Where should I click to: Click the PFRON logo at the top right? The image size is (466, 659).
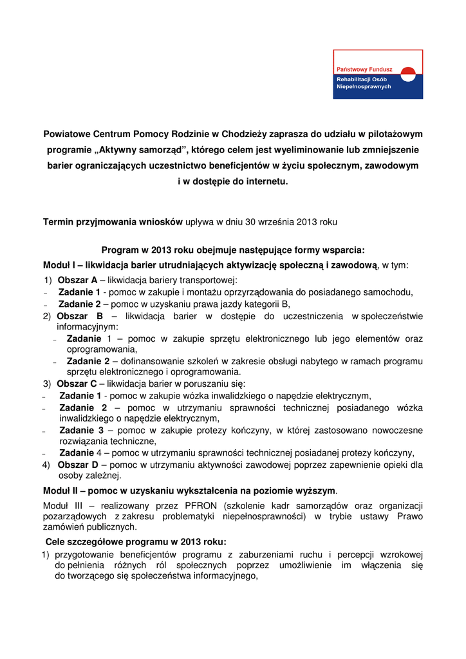point(378,74)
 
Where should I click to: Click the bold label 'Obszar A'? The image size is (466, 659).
point(77,280)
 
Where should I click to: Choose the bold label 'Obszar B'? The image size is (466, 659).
point(80,316)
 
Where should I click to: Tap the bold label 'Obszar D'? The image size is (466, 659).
point(77,465)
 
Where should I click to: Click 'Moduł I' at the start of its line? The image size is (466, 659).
point(58,265)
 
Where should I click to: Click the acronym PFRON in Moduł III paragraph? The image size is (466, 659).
point(203,505)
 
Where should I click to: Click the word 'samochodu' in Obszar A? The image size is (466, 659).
point(387,292)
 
